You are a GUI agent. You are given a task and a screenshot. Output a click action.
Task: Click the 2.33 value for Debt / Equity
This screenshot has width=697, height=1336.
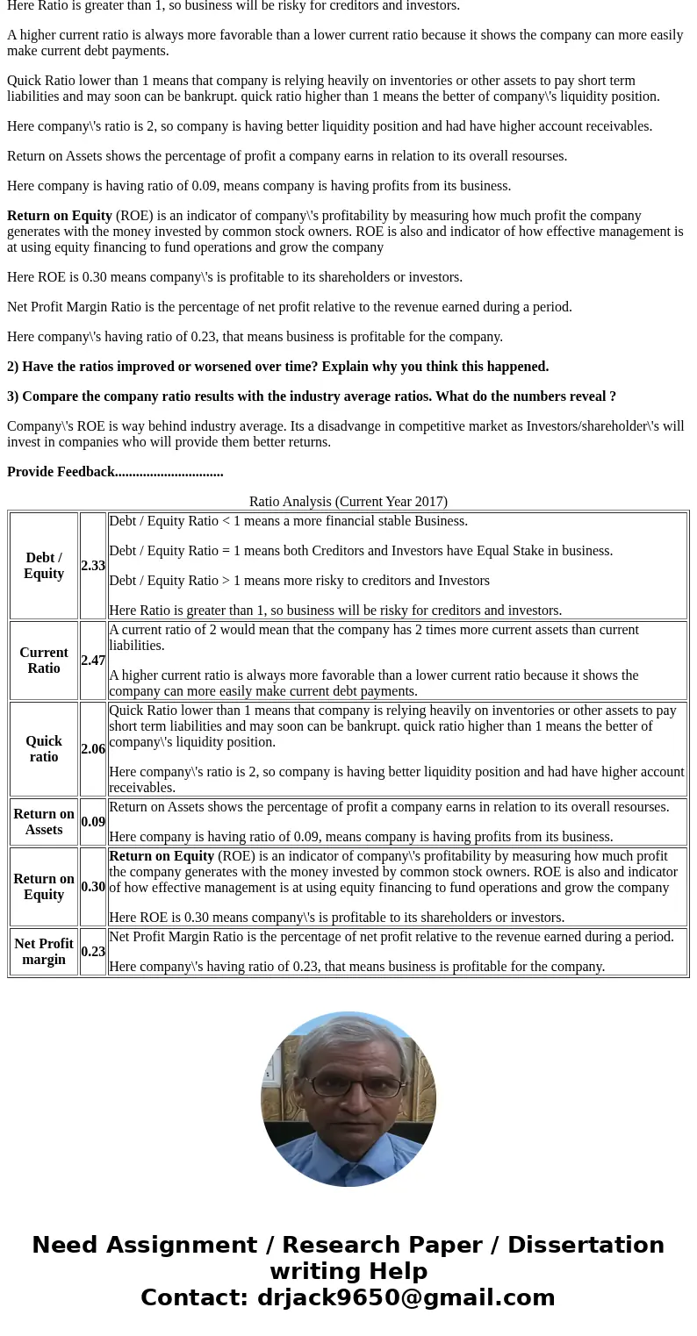pyautogui.click(x=93, y=566)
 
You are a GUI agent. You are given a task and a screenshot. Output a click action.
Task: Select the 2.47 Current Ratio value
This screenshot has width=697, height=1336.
pyautogui.click(x=93, y=661)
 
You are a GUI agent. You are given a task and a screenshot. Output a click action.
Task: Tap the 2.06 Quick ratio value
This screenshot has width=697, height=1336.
pyautogui.click(x=93, y=749)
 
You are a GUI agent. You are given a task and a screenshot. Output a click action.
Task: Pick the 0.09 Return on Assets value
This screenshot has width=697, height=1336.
pyautogui.click(x=93, y=822)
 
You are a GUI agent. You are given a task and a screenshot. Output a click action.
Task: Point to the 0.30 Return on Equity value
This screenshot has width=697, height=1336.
pyautogui.click(x=93, y=887)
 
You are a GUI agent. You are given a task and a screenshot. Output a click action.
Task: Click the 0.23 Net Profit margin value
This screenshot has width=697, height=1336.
pyautogui.click(x=93, y=952)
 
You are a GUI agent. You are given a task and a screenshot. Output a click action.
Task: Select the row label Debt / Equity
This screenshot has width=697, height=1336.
pyautogui.click(x=44, y=566)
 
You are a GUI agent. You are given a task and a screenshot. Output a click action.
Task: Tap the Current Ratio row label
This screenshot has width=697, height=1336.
pyautogui.click(x=44, y=661)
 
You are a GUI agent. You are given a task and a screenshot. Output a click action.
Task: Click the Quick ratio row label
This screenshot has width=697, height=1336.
pyautogui.click(x=44, y=749)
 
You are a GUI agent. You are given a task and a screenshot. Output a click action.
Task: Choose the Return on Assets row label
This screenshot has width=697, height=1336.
pyautogui.click(x=44, y=822)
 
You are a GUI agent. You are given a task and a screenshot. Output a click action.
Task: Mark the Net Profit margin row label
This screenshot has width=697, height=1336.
pyautogui.click(x=44, y=952)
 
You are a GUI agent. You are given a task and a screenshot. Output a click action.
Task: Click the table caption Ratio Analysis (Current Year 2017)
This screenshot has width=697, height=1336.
pyautogui.click(x=348, y=502)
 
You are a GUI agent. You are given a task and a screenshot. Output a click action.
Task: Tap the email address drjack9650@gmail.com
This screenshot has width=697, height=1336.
pyautogui.click(x=406, y=1297)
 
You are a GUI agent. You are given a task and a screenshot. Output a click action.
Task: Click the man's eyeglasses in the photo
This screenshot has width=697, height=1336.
pyautogui.click(x=348, y=1085)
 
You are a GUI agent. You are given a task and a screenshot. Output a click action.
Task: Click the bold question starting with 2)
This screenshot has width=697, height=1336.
pyautogui.click(x=277, y=367)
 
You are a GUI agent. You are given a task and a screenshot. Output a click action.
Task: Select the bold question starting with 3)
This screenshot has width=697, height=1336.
pyautogui.click(x=312, y=397)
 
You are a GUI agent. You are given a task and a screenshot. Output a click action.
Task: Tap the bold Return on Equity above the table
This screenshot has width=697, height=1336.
pyautogui.click(x=60, y=216)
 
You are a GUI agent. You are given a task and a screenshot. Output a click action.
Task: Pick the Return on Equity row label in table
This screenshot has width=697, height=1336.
pyautogui.click(x=44, y=887)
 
